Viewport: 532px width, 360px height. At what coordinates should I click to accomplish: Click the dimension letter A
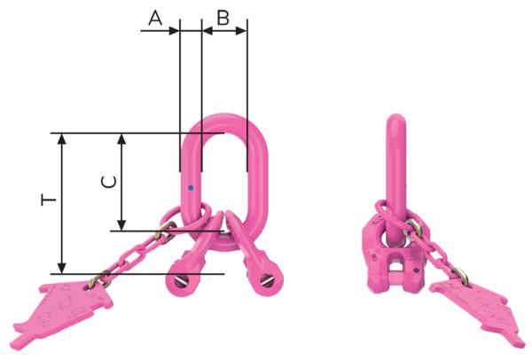[x=155, y=18]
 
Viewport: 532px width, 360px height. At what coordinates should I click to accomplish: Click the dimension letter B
[x=223, y=18]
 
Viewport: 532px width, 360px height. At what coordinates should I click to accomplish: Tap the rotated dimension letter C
[x=109, y=182]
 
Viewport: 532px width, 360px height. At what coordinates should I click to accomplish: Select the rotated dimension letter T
[x=49, y=200]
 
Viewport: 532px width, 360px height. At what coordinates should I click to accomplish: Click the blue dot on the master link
[x=191, y=188]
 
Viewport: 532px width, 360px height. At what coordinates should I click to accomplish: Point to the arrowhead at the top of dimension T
[x=61, y=139]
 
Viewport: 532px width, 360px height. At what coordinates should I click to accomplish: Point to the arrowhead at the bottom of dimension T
[x=61, y=268]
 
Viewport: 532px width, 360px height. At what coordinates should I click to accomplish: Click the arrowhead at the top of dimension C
[x=121, y=139]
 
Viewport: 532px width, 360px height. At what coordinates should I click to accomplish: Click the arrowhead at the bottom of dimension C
[x=121, y=225]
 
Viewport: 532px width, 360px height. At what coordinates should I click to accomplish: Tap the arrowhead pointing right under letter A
[x=174, y=31]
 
